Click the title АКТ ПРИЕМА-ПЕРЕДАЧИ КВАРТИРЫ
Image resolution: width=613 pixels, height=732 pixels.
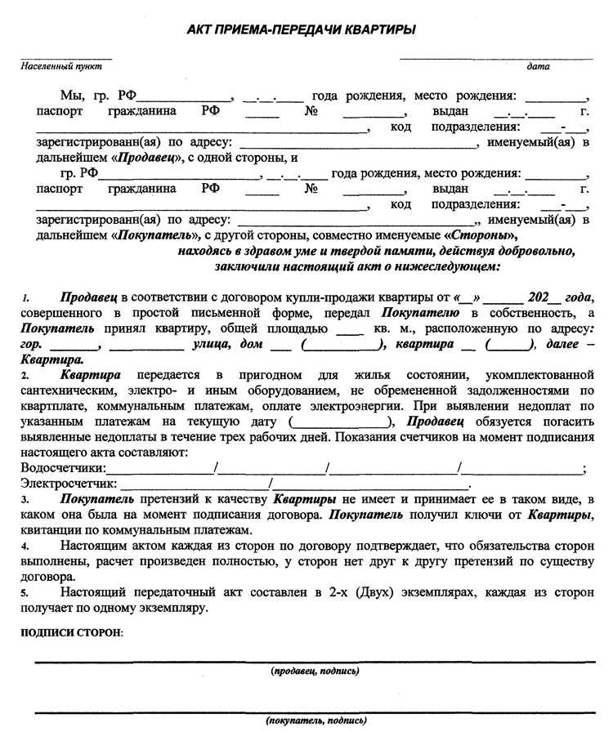[302, 30]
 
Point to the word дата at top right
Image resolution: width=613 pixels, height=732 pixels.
[538, 67]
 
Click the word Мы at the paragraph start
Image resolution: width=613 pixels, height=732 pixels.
[71, 96]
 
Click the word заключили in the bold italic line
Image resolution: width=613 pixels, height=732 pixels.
[244, 266]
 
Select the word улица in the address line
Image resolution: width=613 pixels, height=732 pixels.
[212, 344]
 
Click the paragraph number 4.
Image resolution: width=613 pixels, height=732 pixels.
[25, 546]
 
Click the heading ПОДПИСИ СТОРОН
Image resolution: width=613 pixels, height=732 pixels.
[71, 633]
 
